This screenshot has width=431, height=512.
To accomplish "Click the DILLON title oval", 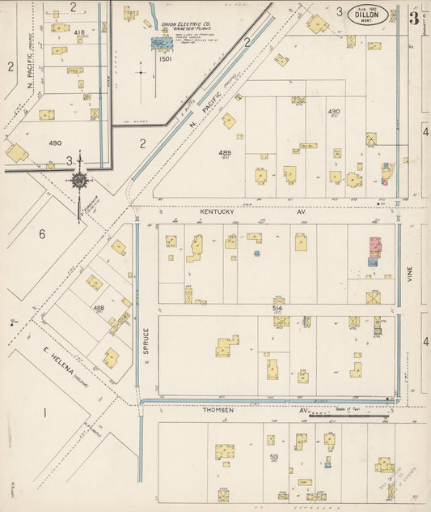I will tap(367, 14).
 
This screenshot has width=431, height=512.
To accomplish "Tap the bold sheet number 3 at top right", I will tap(413, 17).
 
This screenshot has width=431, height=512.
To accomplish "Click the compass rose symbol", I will tap(79, 180).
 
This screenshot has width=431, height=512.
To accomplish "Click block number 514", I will tap(277, 309).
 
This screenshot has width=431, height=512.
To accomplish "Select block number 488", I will tap(99, 308).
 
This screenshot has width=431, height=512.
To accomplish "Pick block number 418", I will tap(78, 32).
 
